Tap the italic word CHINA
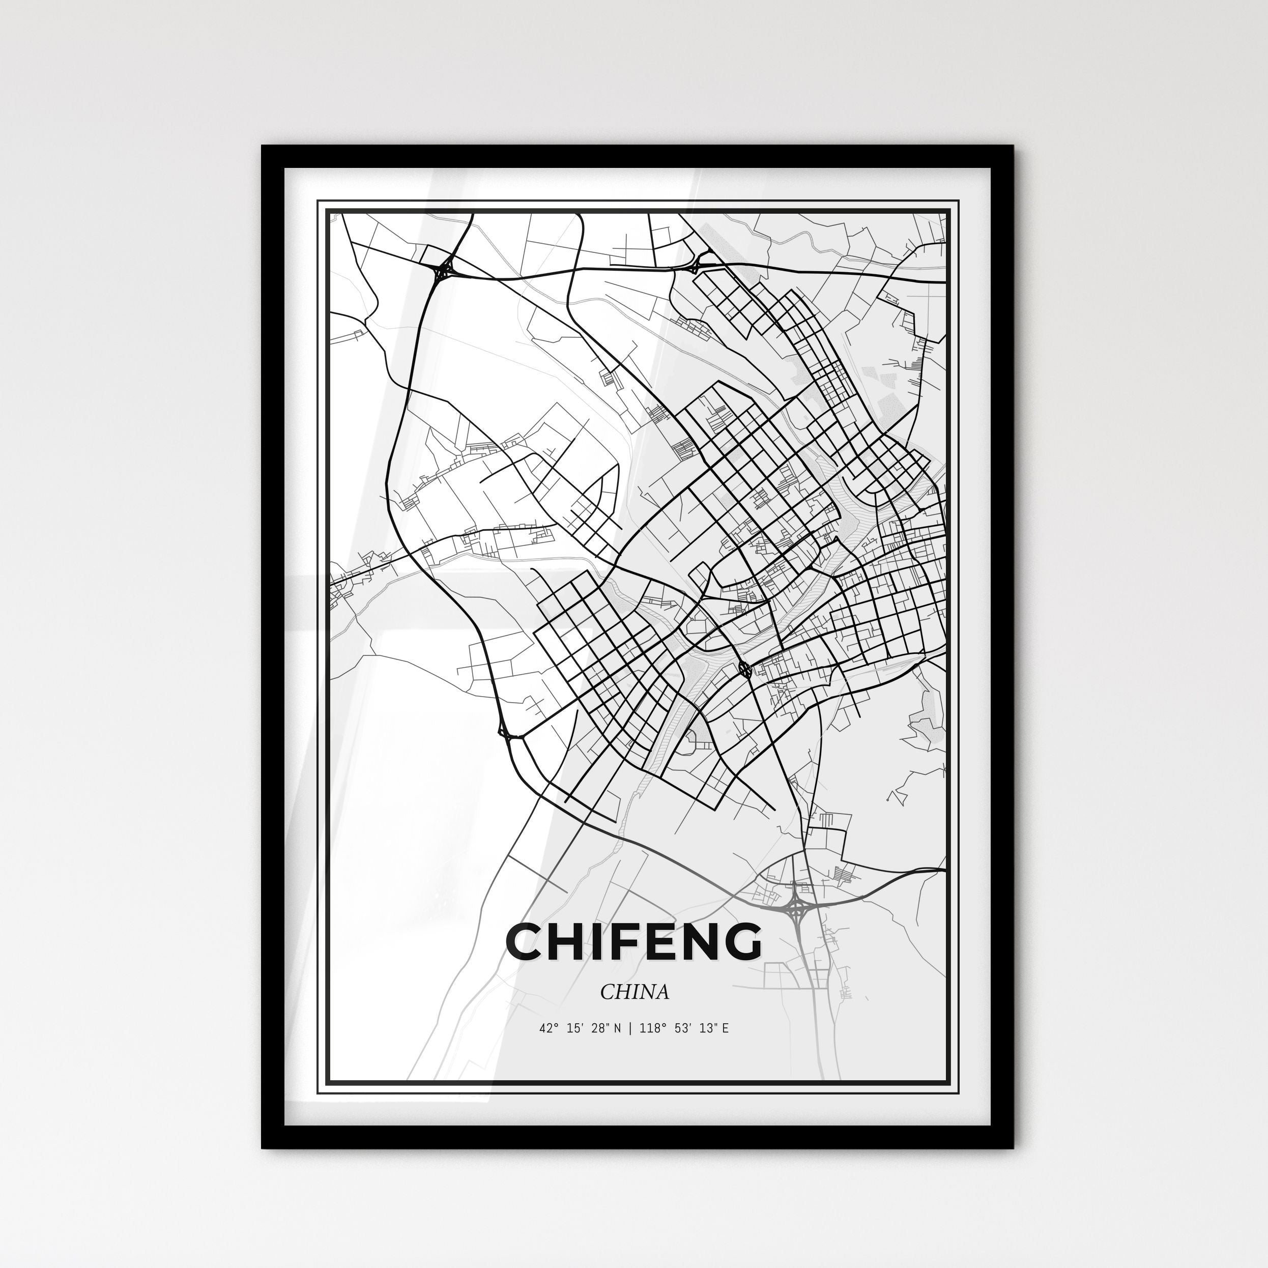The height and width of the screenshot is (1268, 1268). [x=634, y=992]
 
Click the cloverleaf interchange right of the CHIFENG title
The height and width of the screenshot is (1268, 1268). [x=796, y=908]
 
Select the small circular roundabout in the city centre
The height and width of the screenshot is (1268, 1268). [x=745, y=669]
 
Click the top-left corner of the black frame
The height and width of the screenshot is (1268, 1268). [x=264, y=148]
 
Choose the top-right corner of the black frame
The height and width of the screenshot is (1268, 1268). [x=1012, y=148]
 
